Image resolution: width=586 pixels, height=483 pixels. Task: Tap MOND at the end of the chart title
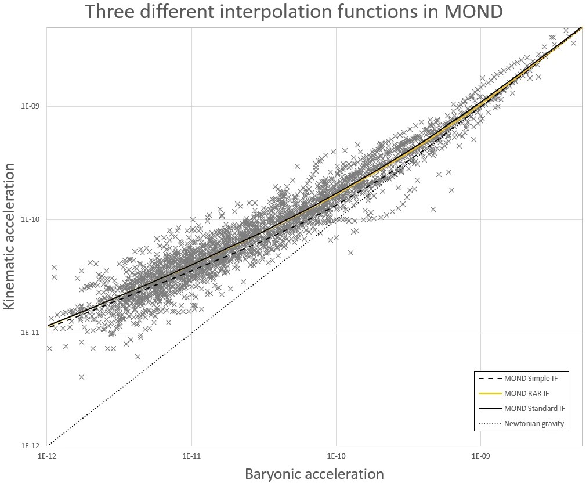click(x=473, y=12)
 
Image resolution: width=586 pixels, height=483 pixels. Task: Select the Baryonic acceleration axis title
click(x=314, y=474)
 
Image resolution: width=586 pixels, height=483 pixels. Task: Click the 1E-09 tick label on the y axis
click(x=30, y=107)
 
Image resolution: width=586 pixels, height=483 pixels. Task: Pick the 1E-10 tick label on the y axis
click(x=30, y=220)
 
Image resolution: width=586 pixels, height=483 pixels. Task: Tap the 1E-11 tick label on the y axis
click(x=30, y=333)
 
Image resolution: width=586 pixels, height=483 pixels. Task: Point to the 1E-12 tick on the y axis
click(x=30, y=446)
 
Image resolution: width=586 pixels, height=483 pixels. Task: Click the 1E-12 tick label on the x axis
click(x=47, y=457)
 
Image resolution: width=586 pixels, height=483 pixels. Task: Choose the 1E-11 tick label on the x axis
click(x=191, y=457)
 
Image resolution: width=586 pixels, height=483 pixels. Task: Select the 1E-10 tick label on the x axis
click(x=336, y=457)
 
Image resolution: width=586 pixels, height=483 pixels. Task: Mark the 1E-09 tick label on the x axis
click(x=480, y=457)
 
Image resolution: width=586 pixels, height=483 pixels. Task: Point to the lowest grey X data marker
click(x=81, y=377)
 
